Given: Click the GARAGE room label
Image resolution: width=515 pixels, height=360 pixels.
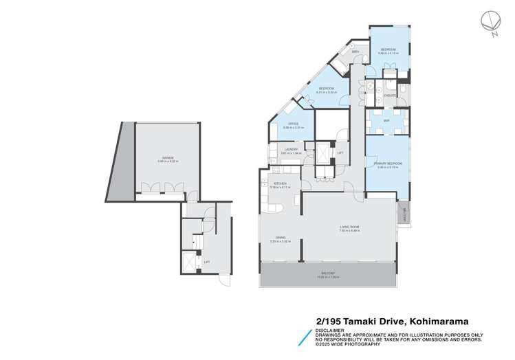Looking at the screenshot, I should (167, 158).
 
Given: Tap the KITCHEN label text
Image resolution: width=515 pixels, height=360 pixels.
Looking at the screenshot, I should (280, 183).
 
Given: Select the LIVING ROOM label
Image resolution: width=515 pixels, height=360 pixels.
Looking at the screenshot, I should (349, 227).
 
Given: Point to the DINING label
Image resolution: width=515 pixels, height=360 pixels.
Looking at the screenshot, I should (281, 238).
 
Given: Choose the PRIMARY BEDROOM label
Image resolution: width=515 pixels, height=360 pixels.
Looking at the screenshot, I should (388, 164).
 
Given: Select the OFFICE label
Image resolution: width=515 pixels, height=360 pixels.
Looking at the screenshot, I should (293, 124).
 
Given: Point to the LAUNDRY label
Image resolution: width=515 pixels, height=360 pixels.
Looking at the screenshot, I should (290, 149).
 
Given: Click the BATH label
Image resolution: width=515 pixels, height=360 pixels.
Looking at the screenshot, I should (356, 52).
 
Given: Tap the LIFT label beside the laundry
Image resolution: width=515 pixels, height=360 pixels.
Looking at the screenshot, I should (340, 153).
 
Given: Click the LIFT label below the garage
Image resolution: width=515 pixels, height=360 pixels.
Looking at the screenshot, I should (207, 262).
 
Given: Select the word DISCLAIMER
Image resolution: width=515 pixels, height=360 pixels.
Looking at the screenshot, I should (329, 328).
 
